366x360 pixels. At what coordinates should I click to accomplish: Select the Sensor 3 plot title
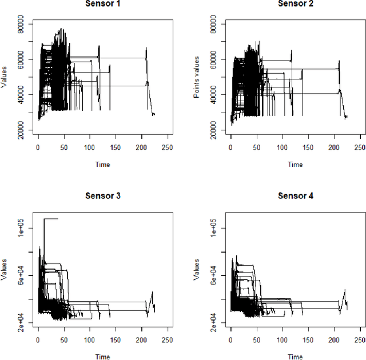(x=102, y=195)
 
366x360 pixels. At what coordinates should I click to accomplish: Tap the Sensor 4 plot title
(x=295, y=195)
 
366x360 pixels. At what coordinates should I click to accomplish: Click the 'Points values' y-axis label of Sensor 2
(x=196, y=77)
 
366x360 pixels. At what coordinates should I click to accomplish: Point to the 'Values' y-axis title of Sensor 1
(x=4, y=77)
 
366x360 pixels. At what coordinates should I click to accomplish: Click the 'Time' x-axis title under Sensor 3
(x=102, y=356)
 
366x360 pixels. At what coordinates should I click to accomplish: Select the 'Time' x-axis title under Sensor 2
(x=295, y=165)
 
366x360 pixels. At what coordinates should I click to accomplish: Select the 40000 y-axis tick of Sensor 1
(x=22, y=95)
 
